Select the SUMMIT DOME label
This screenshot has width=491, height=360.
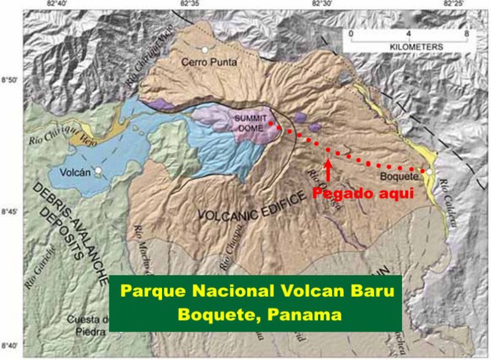coord(250,122)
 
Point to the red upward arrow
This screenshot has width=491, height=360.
coord(328,170)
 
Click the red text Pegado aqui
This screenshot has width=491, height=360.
coord(361,194)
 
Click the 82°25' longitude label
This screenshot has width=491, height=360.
coord(455,4)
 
